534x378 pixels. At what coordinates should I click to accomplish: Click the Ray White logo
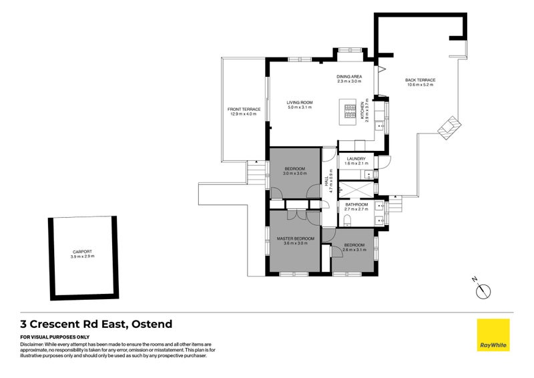(493, 335)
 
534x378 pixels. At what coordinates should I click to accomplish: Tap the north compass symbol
(484, 291)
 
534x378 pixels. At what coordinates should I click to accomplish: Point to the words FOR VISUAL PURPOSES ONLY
(55, 337)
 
